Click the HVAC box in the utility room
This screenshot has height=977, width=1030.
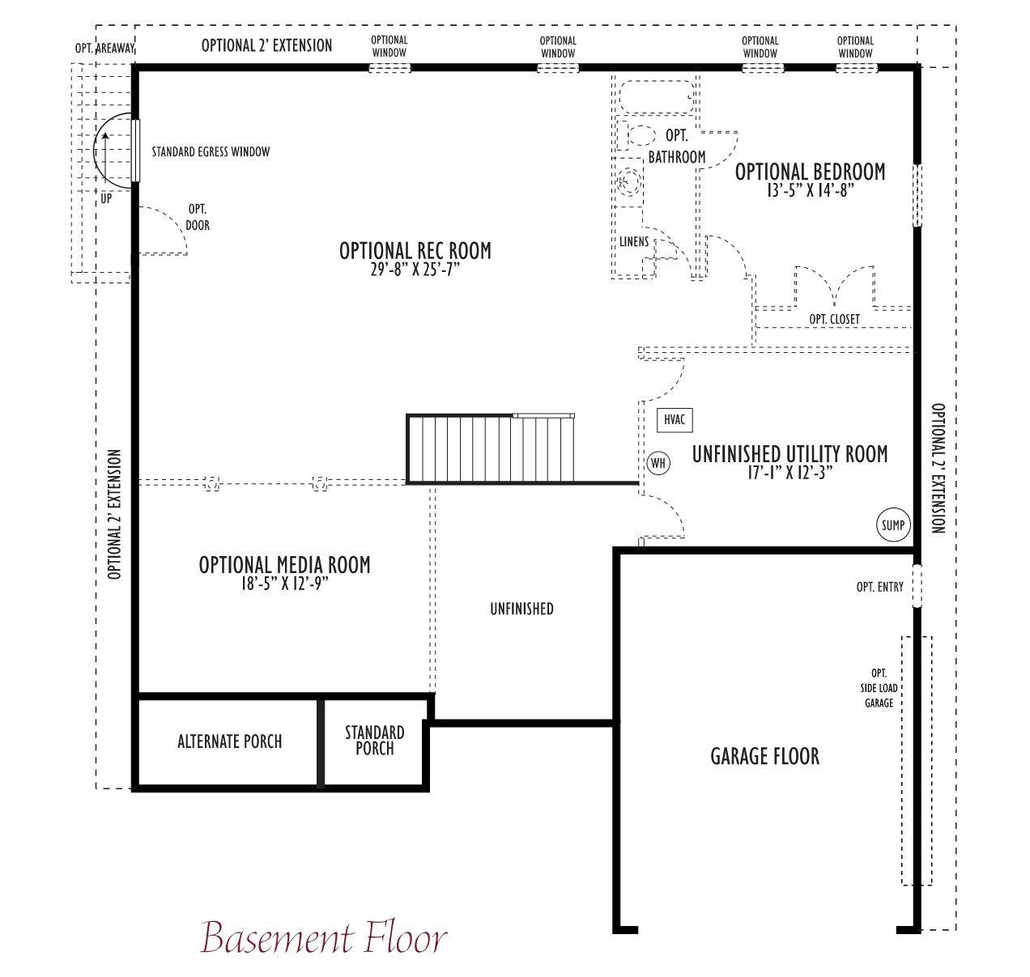pyautogui.click(x=675, y=420)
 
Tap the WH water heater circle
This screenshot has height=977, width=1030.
pyautogui.click(x=658, y=463)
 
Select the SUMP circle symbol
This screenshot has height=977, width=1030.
pyautogui.click(x=893, y=525)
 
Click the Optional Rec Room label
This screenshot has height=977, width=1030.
pyautogui.click(x=415, y=251)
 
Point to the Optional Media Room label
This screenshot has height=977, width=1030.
pyautogui.click(x=284, y=565)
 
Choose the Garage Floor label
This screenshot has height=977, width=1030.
pyautogui.click(x=765, y=757)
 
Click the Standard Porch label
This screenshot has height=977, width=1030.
pyautogui.click(x=375, y=740)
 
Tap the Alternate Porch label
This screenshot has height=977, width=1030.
pyautogui.click(x=229, y=741)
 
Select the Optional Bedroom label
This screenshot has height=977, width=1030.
pyautogui.click(x=810, y=172)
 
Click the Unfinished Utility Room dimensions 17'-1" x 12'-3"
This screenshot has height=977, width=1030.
pyautogui.click(x=790, y=473)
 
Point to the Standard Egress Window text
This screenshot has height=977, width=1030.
pyautogui.click(x=211, y=152)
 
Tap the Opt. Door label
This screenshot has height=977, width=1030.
pyautogui.click(x=198, y=218)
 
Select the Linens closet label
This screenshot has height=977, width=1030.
pyautogui.click(x=634, y=242)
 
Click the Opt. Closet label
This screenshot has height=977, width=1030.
pyautogui.click(x=834, y=320)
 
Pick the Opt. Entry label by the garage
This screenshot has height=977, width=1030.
pyautogui.click(x=879, y=587)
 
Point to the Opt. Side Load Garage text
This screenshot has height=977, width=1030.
pyautogui.click(x=879, y=688)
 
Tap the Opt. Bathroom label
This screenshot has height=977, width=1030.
pyautogui.click(x=677, y=147)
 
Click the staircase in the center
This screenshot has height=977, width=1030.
pyautogui.click(x=490, y=448)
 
